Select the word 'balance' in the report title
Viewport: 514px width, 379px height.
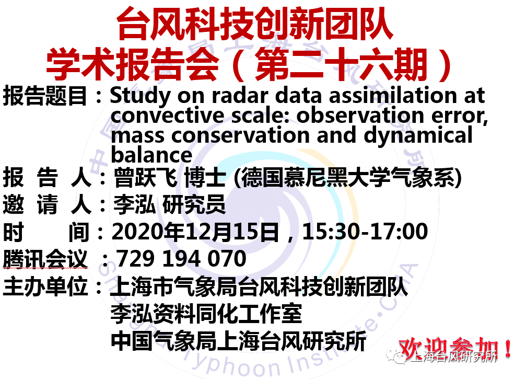[x=151, y=155]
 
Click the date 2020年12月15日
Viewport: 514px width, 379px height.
[x=195, y=232]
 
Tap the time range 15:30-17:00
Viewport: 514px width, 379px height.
[x=365, y=232]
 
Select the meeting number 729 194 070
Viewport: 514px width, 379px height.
[x=181, y=259]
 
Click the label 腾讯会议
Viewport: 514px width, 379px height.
[x=45, y=259]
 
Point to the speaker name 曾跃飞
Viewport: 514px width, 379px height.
[x=145, y=178]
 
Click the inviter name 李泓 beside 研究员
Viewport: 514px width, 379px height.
[x=134, y=205]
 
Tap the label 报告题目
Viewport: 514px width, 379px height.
[x=45, y=96]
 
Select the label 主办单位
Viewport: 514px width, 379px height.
[x=45, y=286]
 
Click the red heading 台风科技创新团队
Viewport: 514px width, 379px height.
[x=255, y=24]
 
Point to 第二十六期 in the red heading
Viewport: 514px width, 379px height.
[x=341, y=65]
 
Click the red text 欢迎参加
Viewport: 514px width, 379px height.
[x=450, y=349]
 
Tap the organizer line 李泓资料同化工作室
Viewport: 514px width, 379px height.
[x=206, y=314]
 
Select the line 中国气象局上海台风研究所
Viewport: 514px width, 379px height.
[x=238, y=341]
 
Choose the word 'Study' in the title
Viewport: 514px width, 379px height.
[x=141, y=96]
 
